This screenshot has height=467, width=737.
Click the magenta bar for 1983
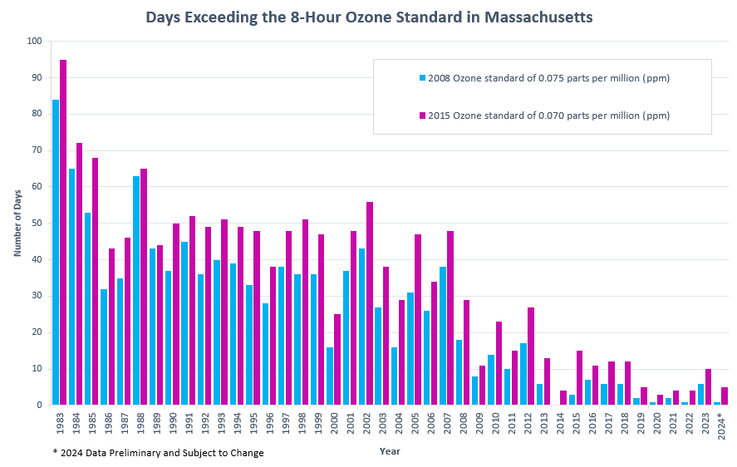coord(63,233)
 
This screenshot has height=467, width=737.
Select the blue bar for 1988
coord(136,291)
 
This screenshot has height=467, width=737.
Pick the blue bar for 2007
coord(443,337)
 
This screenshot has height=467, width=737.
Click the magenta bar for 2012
coord(531,356)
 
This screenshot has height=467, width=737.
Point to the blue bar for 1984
coord(72,287)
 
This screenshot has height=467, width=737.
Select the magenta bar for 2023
coord(709,387)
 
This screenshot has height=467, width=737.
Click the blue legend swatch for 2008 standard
coord(422,79)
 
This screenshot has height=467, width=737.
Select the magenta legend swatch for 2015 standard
coord(422,116)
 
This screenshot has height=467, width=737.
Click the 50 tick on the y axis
coord(37,224)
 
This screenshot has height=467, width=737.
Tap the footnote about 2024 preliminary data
coord(158,453)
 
